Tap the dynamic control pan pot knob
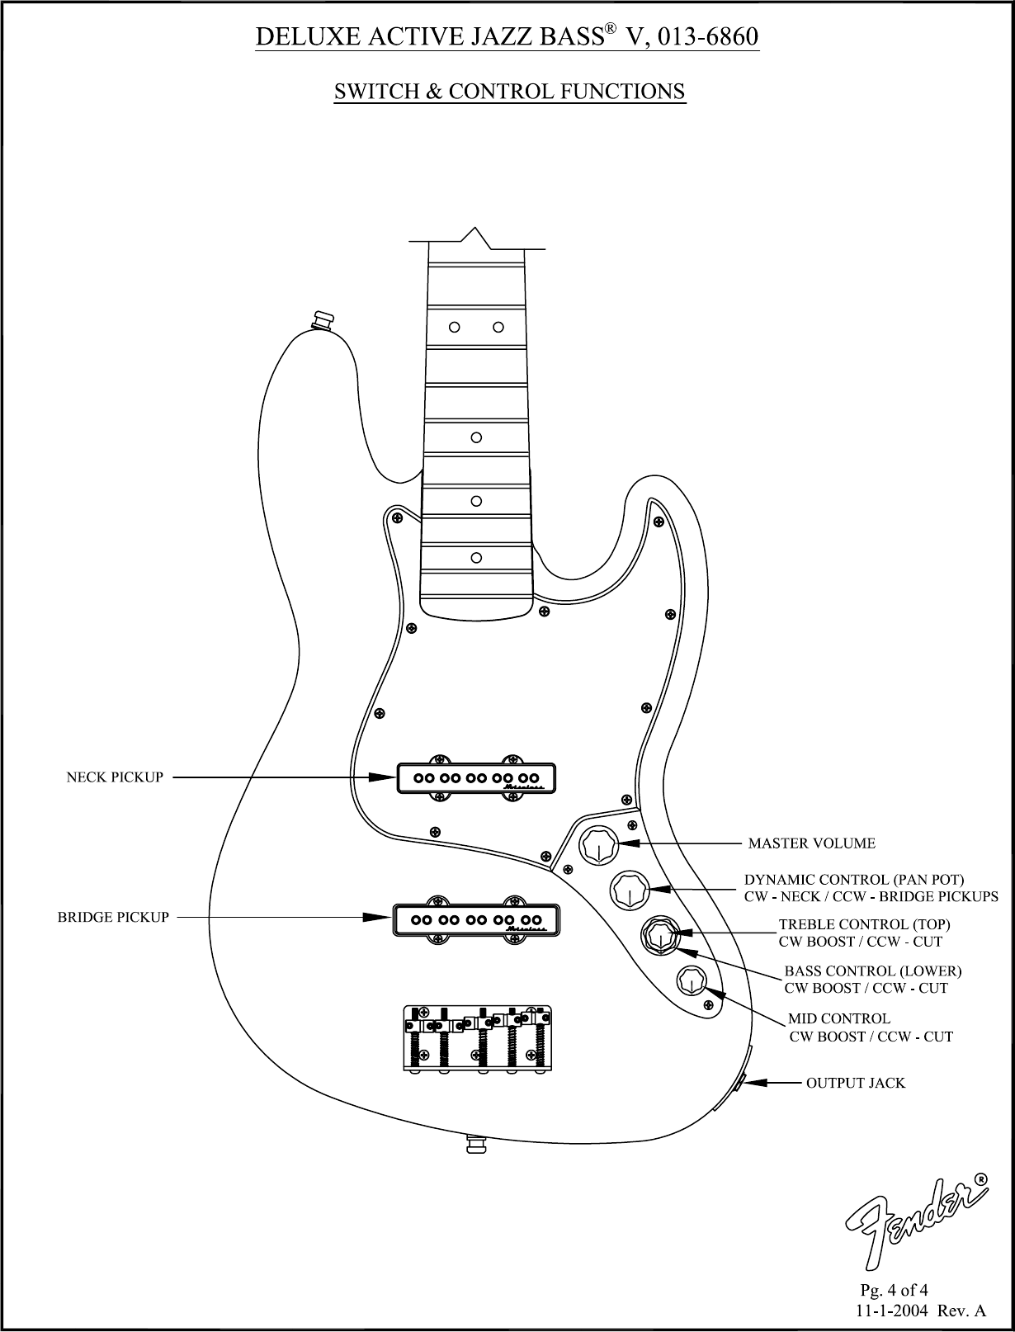(x=629, y=890)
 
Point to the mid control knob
(x=690, y=981)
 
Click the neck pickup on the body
(x=476, y=777)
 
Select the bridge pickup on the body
(x=476, y=919)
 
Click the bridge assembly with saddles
(x=477, y=1038)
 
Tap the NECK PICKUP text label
(x=115, y=777)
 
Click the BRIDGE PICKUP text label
(x=113, y=917)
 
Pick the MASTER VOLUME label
(x=811, y=843)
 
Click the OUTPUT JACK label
(x=855, y=1082)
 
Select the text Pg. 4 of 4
(x=894, y=1289)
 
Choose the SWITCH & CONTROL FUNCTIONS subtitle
(x=509, y=91)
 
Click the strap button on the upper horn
(x=320, y=319)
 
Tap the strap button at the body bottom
(x=476, y=1145)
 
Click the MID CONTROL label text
(x=838, y=1018)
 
